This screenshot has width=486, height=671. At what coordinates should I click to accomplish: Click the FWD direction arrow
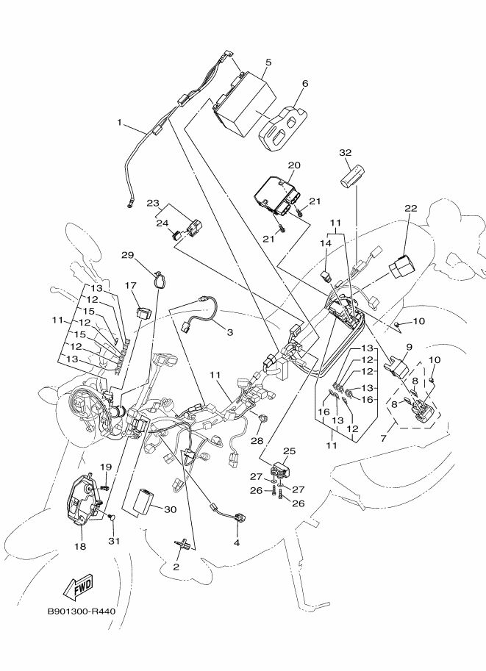[x=76, y=586]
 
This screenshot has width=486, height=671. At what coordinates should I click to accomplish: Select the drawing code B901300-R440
[x=81, y=611]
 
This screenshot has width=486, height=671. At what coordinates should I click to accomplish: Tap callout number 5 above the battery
[x=268, y=63]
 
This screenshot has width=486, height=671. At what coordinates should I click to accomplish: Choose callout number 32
[x=346, y=153]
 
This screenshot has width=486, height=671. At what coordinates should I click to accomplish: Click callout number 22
[x=410, y=209]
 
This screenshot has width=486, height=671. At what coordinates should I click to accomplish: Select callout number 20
[x=294, y=165]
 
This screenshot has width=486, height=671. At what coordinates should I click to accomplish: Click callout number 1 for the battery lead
[x=119, y=123]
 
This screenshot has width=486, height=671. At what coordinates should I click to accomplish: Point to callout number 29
[x=127, y=255]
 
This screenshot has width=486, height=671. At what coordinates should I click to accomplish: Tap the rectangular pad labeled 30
[x=143, y=503]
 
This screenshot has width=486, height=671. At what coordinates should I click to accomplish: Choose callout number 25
[x=289, y=451]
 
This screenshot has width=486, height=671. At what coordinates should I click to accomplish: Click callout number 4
[x=237, y=543]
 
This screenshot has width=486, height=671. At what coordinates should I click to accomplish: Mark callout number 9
[x=409, y=346]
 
